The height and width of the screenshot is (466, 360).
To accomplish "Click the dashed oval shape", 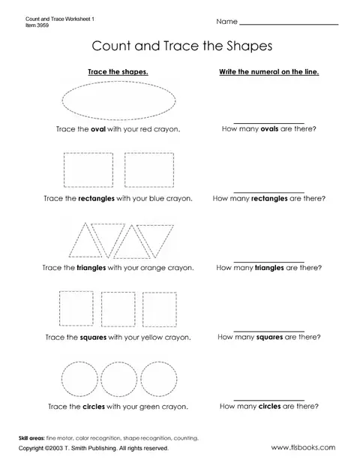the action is (x=118, y=82).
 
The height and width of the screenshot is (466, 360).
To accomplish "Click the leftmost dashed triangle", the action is (x=77, y=240).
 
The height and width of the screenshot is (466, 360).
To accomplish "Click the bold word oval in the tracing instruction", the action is (x=98, y=129).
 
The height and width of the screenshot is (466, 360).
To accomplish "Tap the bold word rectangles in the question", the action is (x=269, y=199).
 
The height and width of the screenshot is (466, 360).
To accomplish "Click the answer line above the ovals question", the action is (x=268, y=123).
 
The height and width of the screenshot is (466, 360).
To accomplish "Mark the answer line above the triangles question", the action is (x=268, y=262).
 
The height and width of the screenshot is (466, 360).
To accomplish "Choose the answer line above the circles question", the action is (x=268, y=400).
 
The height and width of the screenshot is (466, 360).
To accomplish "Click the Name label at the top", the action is (x=226, y=22).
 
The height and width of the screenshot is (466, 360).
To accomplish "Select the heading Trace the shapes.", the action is (x=118, y=72).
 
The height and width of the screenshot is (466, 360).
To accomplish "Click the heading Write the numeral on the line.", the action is (x=269, y=72).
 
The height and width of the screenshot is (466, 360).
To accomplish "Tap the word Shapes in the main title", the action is (x=250, y=47).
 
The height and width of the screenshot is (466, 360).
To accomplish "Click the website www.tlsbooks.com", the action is (x=303, y=447).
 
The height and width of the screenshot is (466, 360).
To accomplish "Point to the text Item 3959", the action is (x=37, y=26).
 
